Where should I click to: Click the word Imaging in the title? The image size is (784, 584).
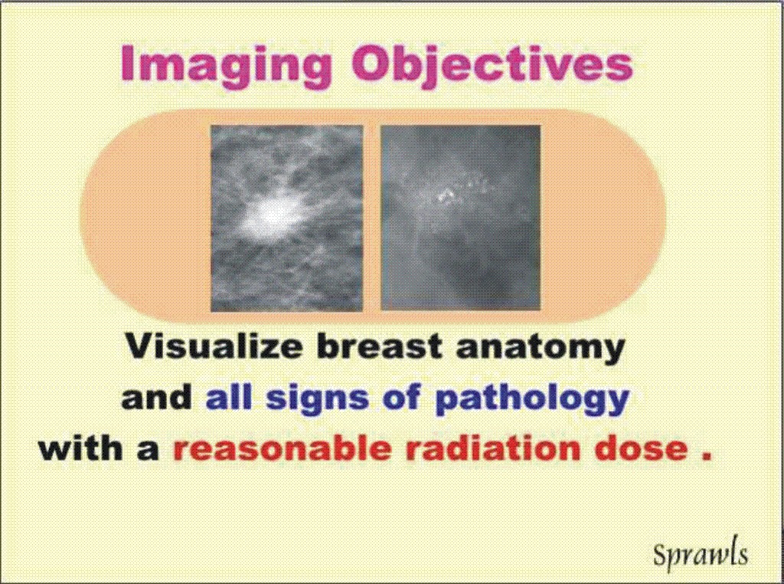(226, 64)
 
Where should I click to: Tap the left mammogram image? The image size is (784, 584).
(286, 218)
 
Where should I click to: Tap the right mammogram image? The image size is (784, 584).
(460, 218)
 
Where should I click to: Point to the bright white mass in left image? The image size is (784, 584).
(270, 216)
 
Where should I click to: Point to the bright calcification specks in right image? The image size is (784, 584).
(447, 194)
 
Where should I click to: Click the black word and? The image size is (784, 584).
(157, 397)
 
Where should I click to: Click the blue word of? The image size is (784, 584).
(402, 397)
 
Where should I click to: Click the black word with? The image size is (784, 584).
(81, 448)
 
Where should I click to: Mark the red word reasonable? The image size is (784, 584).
(282, 448)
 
